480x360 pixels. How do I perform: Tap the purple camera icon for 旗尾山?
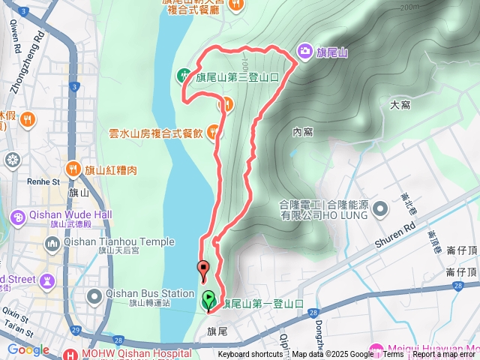[x=304, y=51]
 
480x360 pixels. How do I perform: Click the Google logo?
[x=28, y=349]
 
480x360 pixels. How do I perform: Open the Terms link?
[x=393, y=355]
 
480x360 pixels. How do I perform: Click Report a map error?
[x=445, y=355]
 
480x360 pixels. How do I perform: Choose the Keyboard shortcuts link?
[x=250, y=355]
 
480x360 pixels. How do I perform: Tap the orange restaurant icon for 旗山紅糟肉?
[x=73, y=169]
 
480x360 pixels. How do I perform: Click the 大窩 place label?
[x=400, y=105]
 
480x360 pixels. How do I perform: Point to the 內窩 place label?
[x=302, y=132]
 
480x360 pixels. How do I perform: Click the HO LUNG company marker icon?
[x=380, y=207]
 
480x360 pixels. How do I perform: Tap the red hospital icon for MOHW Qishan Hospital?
[x=71, y=353]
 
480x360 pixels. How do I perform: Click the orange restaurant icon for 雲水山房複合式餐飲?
[x=214, y=132]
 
